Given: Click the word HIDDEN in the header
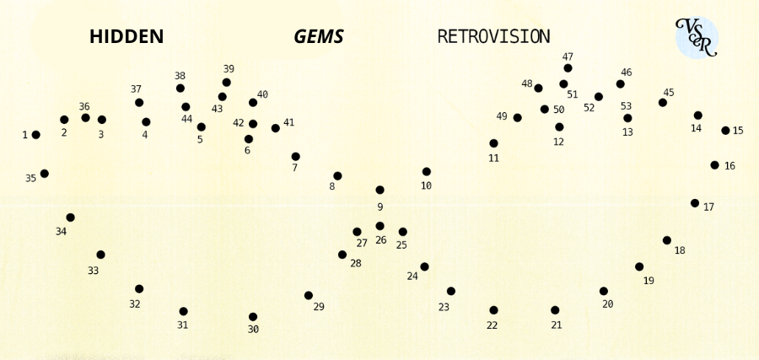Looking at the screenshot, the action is [x=126, y=37].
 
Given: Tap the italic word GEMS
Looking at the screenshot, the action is [x=319, y=37].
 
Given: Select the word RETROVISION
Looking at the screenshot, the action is [x=493, y=37].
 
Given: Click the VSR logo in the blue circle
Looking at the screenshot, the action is [x=697, y=38].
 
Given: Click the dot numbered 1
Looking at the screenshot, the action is [x=35, y=135].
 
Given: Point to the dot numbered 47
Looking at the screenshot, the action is [x=568, y=68].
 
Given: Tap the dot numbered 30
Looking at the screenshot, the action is [x=253, y=317].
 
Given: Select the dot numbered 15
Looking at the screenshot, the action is [x=725, y=131].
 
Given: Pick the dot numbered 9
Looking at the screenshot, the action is [x=380, y=191].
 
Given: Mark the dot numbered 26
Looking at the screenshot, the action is [x=380, y=226].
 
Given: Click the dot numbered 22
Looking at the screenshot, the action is [x=493, y=310].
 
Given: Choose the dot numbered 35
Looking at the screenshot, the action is [x=45, y=173].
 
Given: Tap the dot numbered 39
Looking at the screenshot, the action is [x=227, y=83].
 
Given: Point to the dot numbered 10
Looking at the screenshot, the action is [x=427, y=172].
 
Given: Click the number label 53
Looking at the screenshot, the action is [x=626, y=106].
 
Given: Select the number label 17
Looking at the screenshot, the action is [x=708, y=207].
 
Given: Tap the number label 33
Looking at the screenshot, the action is [x=93, y=271].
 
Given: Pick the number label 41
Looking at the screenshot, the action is [x=288, y=122].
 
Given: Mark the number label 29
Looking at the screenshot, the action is [x=319, y=307].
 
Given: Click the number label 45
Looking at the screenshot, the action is [x=669, y=93].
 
